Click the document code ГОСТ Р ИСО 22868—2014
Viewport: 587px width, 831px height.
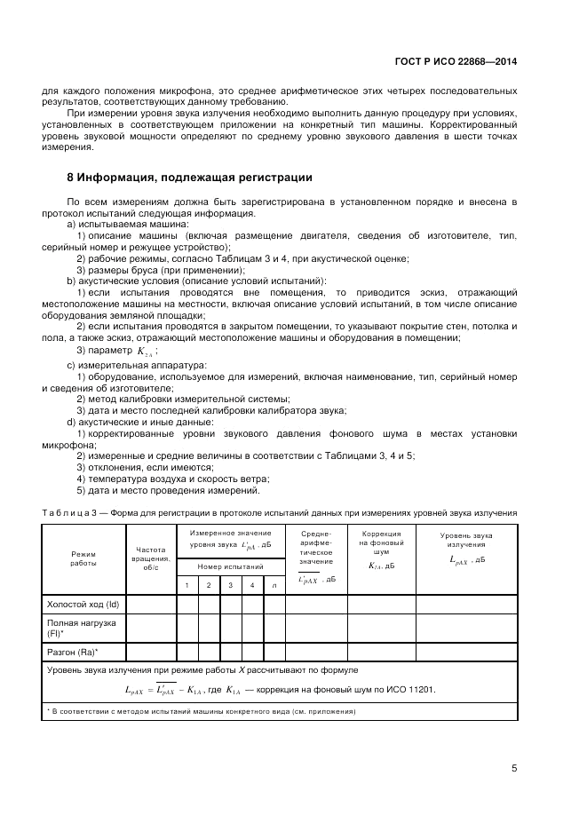tap(454, 62)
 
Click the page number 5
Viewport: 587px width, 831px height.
tap(514, 769)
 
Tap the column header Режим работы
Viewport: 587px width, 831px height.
tap(83, 558)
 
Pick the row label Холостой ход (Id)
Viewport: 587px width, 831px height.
tap(82, 604)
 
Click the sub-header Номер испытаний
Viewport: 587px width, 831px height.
tap(230, 566)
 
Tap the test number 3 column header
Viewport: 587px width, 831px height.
tap(230, 584)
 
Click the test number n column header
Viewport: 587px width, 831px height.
tap(274, 584)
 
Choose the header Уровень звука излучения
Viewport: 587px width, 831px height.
tap(466, 540)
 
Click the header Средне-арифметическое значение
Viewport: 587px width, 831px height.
tap(315, 549)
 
